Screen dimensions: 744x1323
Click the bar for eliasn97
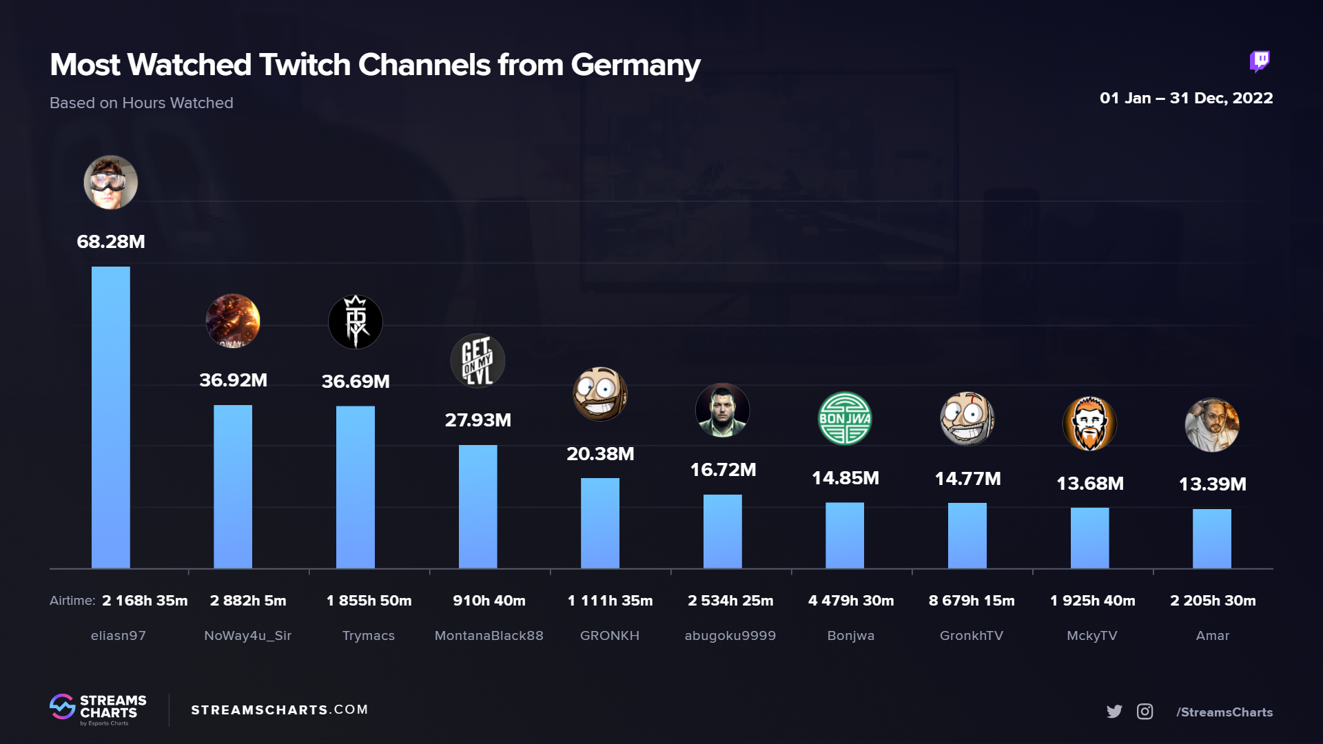tap(110, 417)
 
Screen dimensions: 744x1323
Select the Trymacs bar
tap(355, 486)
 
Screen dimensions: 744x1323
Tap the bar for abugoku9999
tap(722, 531)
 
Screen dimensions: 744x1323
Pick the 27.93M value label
tap(478, 420)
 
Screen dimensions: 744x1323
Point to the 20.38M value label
tap(600, 453)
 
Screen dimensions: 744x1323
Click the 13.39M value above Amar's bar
tap(1212, 484)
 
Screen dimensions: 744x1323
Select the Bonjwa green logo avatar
tap(845, 418)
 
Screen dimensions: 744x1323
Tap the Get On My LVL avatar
tap(478, 360)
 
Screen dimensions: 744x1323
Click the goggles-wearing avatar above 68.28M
tap(110, 182)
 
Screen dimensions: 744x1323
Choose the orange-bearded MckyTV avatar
tap(1089, 423)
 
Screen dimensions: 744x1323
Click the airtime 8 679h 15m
tap(972, 600)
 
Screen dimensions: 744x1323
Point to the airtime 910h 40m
tap(489, 600)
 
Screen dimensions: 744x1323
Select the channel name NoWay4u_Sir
tap(248, 635)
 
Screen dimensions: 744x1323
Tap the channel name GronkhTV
tap(972, 635)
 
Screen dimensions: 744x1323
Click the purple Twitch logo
tap(1260, 61)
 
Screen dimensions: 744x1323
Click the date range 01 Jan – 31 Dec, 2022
tap(1186, 98)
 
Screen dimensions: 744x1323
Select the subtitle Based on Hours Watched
tap(141, 103)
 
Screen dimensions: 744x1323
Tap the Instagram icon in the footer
tap(1145, 712)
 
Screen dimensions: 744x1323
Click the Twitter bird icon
tap(1114, 712)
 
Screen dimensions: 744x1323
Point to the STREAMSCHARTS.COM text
tap(279, 710)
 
